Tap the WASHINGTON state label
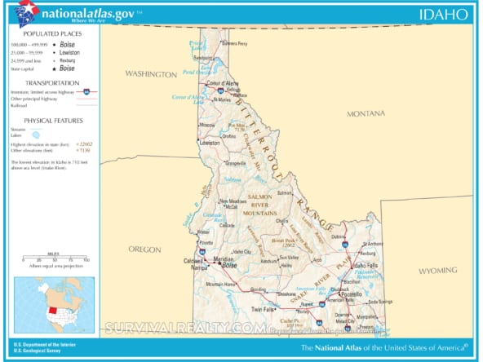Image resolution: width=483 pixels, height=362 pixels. coord(150,74)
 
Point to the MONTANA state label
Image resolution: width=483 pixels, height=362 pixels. coord(365,113)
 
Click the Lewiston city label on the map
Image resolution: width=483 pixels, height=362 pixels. coord(210,143)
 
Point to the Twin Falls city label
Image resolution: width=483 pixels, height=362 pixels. coord(262,309)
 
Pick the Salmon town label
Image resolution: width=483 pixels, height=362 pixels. coord(285,193)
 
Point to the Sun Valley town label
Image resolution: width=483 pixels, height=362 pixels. coord(290,257)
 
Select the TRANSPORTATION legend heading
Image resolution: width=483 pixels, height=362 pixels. coord(51,83)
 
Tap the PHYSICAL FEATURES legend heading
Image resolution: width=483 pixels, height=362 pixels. coord(51,120)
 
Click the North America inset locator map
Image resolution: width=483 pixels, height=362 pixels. coord(54,305)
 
